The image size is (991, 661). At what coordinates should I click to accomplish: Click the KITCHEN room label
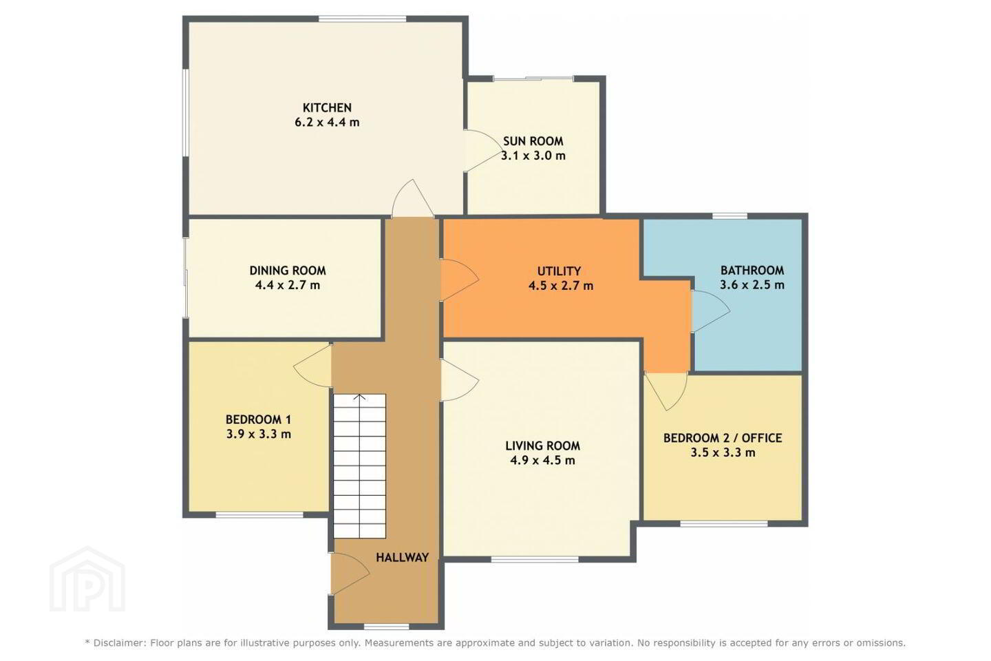pos(327,107)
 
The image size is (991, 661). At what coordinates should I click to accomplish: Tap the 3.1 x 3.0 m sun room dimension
pos(533,156)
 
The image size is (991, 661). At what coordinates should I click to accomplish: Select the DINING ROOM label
pos(288,271)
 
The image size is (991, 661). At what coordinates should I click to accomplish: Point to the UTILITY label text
pos(559,271)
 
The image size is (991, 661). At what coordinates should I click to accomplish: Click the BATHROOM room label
pos(752,270)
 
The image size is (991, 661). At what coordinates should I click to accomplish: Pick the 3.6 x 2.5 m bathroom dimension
pos(752,284)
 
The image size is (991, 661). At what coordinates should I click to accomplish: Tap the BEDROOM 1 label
pos(258,419)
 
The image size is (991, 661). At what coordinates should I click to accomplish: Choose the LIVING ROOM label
pos(543,446)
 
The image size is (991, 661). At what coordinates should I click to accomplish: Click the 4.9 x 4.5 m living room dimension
pos(543,461)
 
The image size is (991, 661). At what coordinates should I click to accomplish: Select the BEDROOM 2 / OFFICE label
pos(723,439)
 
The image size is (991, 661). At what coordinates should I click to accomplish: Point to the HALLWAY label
pos(402,558)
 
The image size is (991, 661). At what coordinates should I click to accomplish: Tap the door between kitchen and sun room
pos(482,151)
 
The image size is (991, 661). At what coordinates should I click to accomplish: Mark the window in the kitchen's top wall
pos(362,19)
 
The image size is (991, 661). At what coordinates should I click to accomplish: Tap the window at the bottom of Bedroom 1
pos(259,514)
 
